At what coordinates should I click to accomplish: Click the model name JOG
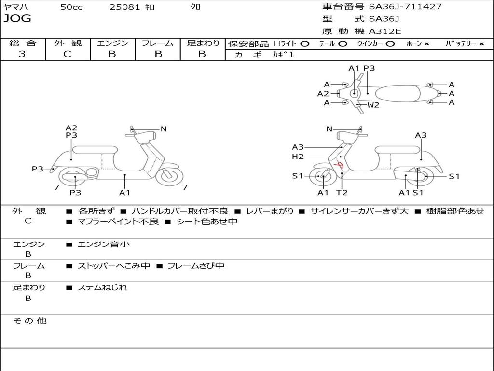17,19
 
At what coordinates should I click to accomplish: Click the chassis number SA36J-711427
405,7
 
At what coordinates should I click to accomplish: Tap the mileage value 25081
125,7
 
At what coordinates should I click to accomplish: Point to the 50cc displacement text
71,7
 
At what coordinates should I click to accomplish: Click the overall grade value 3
22,54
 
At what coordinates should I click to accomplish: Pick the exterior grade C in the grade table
67,54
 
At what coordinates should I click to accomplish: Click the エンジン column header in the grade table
112,43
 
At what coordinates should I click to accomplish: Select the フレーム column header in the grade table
157,43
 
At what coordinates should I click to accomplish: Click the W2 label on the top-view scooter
373,105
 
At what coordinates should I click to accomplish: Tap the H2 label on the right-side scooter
298,157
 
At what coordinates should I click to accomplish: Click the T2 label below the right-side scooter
342,193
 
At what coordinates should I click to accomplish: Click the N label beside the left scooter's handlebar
164,129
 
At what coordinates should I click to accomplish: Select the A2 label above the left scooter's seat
71,128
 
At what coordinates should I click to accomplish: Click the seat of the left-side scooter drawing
95,150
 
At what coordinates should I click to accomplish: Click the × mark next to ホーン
426,43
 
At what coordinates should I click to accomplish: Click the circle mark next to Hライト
304,43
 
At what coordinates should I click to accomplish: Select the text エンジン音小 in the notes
104,244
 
